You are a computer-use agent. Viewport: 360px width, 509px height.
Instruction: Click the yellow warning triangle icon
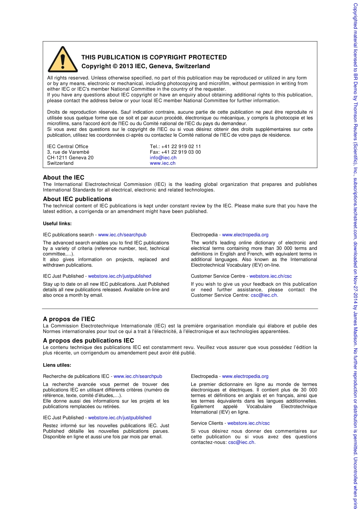[x=63, y=60]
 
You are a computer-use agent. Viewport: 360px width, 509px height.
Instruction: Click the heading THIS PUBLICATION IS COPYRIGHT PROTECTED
[x=154, y=58]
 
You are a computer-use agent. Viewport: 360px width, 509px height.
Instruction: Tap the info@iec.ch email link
[x=163, y=158]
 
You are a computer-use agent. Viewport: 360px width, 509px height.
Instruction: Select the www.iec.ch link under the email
[x=163, y=163]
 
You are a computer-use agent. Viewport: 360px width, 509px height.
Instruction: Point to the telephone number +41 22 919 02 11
[x=181, y=147]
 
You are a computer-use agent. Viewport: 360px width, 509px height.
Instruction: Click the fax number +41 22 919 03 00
[x=181, y=152]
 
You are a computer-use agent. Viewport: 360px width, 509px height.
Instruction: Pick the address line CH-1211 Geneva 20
[x=70, y=158]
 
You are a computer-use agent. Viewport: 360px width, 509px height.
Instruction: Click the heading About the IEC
[x=63, y=178]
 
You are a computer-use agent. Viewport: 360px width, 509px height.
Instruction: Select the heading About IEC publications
[x=77, y=199]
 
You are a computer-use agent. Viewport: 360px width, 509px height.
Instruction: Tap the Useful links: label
[x=57, y=223]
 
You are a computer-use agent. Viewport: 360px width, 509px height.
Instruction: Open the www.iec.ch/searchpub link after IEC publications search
[x=122, y=235]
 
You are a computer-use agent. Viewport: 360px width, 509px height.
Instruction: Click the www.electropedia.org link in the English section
[x=245, y=235]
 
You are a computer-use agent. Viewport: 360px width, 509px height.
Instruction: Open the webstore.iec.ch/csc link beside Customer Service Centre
[x=270, y=276]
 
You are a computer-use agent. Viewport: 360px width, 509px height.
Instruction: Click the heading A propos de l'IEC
[x=69, y=319]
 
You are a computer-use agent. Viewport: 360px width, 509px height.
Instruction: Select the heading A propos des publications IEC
[x=88, y=340]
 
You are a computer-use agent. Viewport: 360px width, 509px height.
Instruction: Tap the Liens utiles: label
[x=57, y=365]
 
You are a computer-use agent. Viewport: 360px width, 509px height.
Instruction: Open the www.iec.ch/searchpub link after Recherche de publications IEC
[x=138, y=376]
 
